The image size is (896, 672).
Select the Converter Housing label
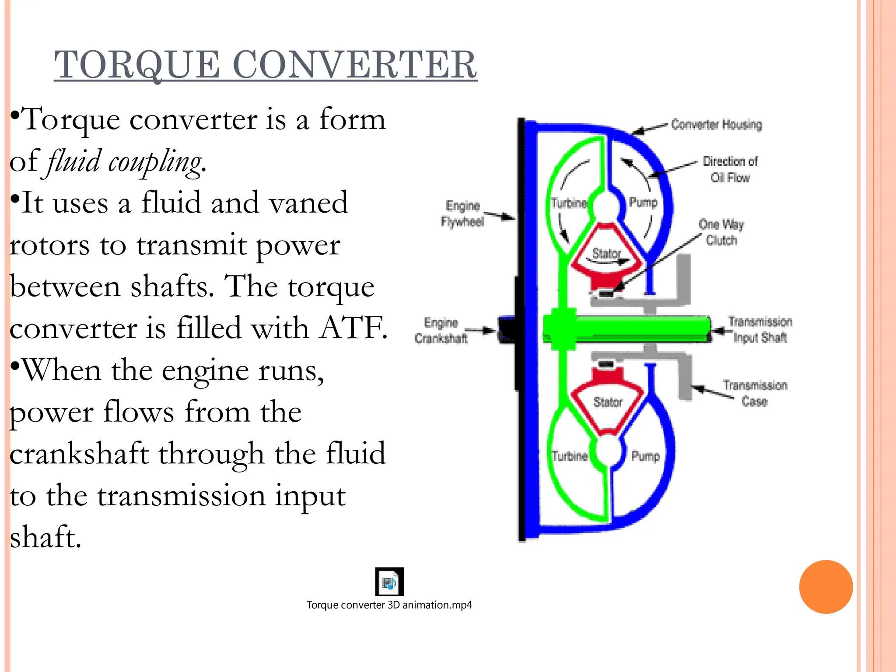pos(716,125)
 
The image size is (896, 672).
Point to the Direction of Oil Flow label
pos(730,169)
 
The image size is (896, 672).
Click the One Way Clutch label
pos(721,232)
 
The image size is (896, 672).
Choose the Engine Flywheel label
pos(462,213)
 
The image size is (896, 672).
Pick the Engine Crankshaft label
pos(441,330)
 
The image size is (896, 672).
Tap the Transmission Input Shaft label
pos(760,329)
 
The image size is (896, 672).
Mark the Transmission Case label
pos(755,393)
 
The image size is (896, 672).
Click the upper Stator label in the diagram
pos(606,253)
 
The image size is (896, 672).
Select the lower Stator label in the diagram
pos(608,402)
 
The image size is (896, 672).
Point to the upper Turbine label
pos(569,203)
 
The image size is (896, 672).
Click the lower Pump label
pos(645,456)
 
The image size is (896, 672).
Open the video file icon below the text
pos(389,582)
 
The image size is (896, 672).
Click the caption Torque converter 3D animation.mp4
pos(389,605)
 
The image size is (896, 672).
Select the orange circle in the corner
pos(826,587)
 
